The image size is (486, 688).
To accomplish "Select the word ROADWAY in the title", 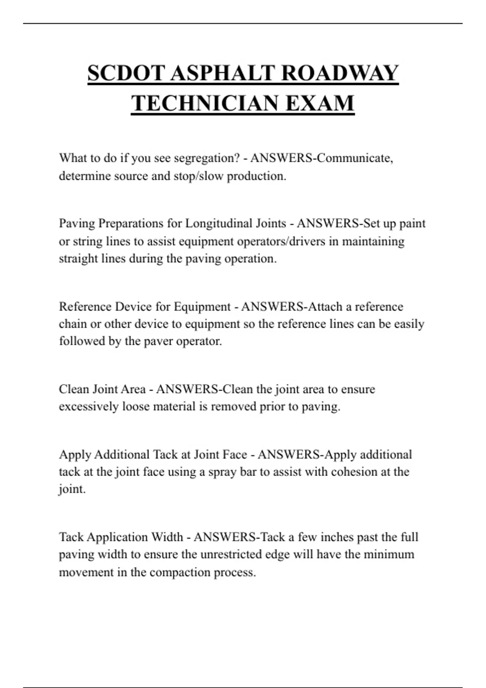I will pos(339,73).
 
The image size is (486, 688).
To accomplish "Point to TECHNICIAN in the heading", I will pos(205,103).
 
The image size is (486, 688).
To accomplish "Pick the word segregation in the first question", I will pos(207,158).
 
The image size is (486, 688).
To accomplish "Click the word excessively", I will pos(89,406).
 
